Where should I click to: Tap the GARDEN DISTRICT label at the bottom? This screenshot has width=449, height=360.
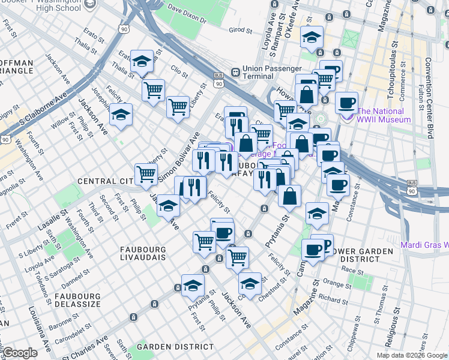[x=175, y=347]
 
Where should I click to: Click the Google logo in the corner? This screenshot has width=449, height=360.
[x=20, y=353]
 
